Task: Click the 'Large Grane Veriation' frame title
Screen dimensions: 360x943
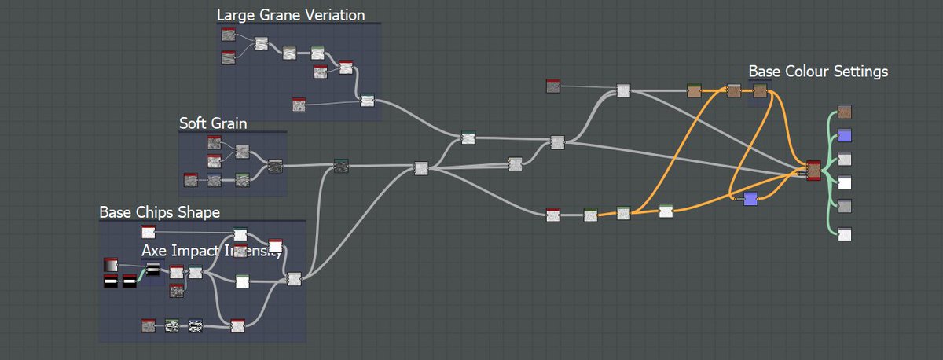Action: [x=290, y=15]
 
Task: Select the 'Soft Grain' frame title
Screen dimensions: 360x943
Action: [x=213, y=123]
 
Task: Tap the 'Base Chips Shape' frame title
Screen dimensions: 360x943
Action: [x=160, y=212]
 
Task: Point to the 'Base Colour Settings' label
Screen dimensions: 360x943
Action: [x=818, y=72]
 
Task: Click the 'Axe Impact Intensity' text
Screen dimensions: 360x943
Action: [x=211, y=251]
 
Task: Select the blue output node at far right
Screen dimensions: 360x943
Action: [x=845, y=134]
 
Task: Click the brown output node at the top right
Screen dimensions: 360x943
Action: [x=845, y=112]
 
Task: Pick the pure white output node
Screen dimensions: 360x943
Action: [x=845, y=182]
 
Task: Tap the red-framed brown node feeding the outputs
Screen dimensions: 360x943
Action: [x=813, y=171]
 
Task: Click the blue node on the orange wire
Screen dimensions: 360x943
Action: [x=750, y=198]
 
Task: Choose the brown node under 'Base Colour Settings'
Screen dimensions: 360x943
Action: [x=760, y=91]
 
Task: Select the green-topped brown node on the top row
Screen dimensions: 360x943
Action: [x=694, y=91]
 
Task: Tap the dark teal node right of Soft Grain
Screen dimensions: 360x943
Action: [x=341, y=165]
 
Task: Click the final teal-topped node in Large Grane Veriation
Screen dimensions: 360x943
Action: [x=367, y=100]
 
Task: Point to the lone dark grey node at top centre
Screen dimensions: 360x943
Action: [x=553, y=86]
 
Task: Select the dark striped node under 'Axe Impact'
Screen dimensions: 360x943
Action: [x=152, y=270]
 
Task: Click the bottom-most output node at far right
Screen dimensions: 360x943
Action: [x=845, y=233]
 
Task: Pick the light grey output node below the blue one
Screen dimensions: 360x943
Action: [x=845, y=159]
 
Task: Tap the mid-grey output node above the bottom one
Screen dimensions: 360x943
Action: [x=845, y=206]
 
